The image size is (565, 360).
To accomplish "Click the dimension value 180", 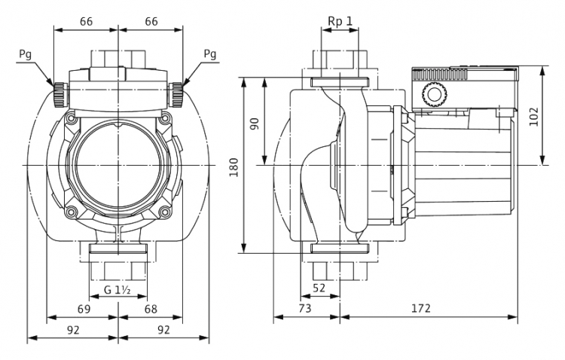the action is click(x=234, y=167).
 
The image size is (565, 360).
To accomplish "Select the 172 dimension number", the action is click(x=421, y=309).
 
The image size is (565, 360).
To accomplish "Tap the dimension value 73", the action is click(x=305, y=309).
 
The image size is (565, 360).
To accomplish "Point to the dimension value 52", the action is click(x=319, y=288).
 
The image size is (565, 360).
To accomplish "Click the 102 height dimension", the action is click(x=533, y=117).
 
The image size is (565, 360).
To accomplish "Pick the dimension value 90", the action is click(x=255, y=124).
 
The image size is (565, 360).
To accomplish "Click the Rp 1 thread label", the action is click(x=340, y=21).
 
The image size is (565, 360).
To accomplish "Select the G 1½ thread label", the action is click(x=117, y=290).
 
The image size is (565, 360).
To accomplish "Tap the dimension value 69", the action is click(x=84, y=309).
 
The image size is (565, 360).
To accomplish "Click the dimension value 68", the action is click(x=151, y=309).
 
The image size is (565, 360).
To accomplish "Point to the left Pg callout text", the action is click(x=25, y=54).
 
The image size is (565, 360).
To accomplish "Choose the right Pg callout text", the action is click(x=210, y=54).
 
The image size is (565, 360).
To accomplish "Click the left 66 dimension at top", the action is click(x=86, y=22).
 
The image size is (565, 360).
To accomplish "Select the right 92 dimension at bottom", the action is click(x=163, y=330).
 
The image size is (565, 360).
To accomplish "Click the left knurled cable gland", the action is click(x=60, y=94).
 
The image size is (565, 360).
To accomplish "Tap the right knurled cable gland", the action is click(x=176, y=94).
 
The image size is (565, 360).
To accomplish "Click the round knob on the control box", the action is click(x=435, y=95).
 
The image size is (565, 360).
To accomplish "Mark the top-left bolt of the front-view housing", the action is click(x=71, y=117).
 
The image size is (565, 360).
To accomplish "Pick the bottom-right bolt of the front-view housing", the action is click(x=165, y=212).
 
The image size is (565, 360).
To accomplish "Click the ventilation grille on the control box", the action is click(x=440, y=75).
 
